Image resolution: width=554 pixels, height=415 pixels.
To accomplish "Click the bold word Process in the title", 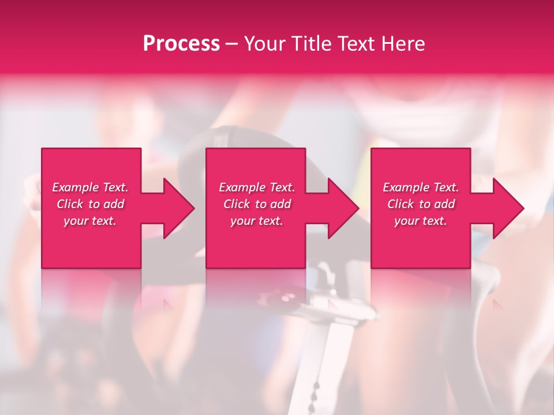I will point(181,44).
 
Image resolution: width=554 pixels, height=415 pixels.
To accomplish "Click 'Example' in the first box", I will point(76,187).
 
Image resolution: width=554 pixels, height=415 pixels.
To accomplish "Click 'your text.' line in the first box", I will point(90,221).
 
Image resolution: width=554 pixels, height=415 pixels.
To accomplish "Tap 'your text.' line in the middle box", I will point(257,221).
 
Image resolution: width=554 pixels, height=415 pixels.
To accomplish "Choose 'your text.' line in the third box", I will point(421,221).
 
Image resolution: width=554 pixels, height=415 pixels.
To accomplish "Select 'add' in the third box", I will point(444,204).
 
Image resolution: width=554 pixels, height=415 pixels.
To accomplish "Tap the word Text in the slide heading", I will point(358,44).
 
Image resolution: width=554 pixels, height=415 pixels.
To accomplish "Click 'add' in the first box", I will point(114,204).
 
